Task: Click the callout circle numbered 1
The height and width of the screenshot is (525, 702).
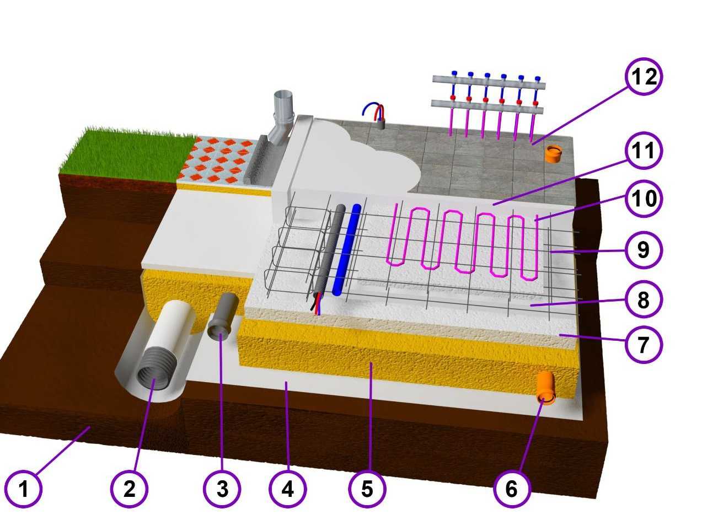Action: pos(23,489)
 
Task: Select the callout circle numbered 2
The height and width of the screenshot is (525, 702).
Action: pos(129,489)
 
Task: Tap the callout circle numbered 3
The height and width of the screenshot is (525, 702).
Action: pos(222,489)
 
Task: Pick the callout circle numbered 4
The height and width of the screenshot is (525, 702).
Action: pos(287,489)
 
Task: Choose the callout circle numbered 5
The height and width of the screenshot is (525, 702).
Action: pos(367,489)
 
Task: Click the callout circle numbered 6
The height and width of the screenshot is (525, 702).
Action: pos(512,489)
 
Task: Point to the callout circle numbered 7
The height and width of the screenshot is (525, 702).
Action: pos(644,344)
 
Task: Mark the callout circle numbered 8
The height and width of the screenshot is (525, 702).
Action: pos(644,299)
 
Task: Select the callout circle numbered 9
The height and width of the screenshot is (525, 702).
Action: pos(644,250)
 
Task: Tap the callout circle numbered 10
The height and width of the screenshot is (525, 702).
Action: pos(644,199)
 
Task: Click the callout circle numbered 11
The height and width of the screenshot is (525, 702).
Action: pos(644,150)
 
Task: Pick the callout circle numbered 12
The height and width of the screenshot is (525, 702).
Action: pos(644,77)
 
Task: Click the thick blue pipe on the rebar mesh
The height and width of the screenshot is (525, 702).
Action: pos(347,249)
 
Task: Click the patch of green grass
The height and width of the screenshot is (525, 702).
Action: pos(128,153)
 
